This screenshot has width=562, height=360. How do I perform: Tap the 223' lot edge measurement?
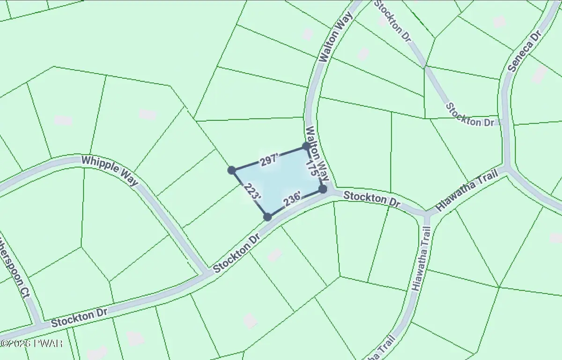coord(251,193)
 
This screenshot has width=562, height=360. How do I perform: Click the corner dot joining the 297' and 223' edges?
coord(231,170)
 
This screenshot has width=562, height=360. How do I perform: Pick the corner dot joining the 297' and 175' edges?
coord(306,146)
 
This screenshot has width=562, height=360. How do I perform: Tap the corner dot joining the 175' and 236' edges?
coord(323,189)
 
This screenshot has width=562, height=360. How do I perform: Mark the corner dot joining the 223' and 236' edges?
coord(267,217)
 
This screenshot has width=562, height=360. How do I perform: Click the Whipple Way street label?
coord(110,170)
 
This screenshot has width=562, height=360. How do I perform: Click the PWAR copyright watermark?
coord(31,343)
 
